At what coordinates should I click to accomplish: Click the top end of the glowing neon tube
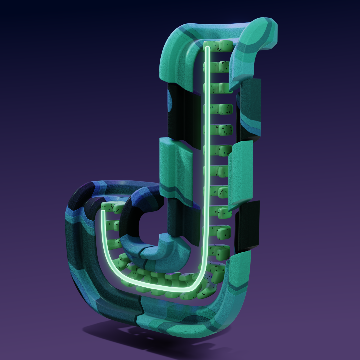(207, 48)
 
